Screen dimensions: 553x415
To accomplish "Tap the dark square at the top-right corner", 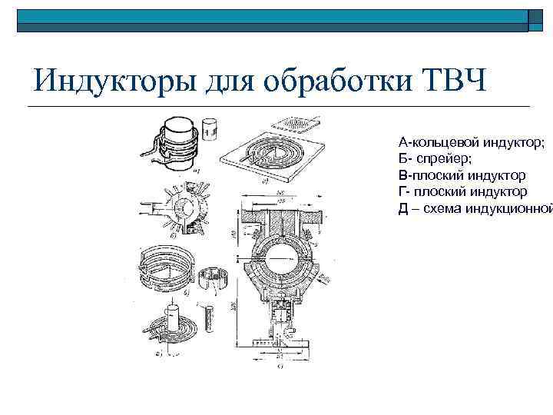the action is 539,21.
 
